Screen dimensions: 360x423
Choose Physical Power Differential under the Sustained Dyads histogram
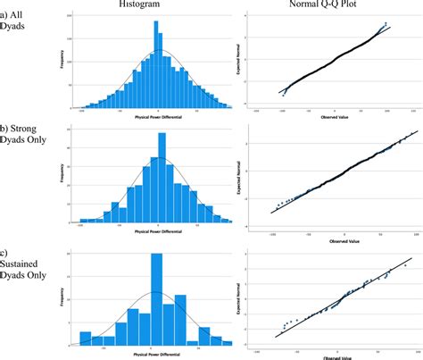[x=157, y=355]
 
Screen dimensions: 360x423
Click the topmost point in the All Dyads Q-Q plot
[x=386, y=23]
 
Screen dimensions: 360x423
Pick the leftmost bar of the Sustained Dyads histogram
[x=86, y=338]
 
